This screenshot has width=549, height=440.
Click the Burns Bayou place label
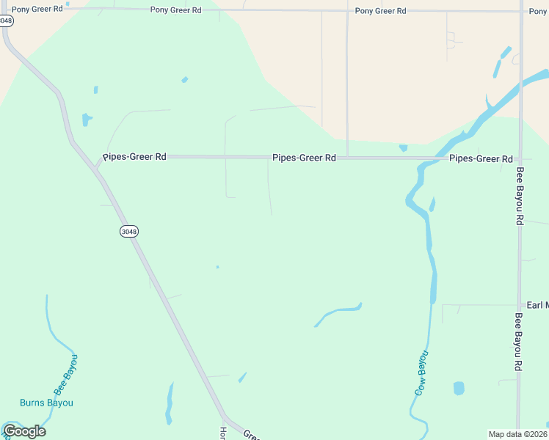[46, 403]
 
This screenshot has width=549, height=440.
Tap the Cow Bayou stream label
[421, 373]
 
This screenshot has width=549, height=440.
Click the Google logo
[24, 431]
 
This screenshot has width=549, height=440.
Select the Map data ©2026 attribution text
[518, 434]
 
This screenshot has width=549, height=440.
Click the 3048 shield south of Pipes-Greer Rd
[128, 231]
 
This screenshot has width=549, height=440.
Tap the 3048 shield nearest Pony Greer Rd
[6, 21]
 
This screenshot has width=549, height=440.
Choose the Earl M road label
[537, 305]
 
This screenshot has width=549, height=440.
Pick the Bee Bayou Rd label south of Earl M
[518, 342]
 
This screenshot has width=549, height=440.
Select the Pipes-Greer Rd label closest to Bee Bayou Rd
[481, 158]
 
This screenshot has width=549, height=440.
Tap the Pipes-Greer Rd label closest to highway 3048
[134, 157]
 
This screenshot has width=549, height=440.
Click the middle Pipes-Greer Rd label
[304, 158]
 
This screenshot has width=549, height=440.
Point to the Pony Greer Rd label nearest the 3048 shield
[37, 10]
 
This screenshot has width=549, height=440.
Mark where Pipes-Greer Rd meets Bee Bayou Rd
[520, 158]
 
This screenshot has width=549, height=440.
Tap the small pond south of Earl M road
[459, 388]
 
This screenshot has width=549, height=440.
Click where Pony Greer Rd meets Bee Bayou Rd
[520, 11]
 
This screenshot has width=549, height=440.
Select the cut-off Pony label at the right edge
[539, 12]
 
